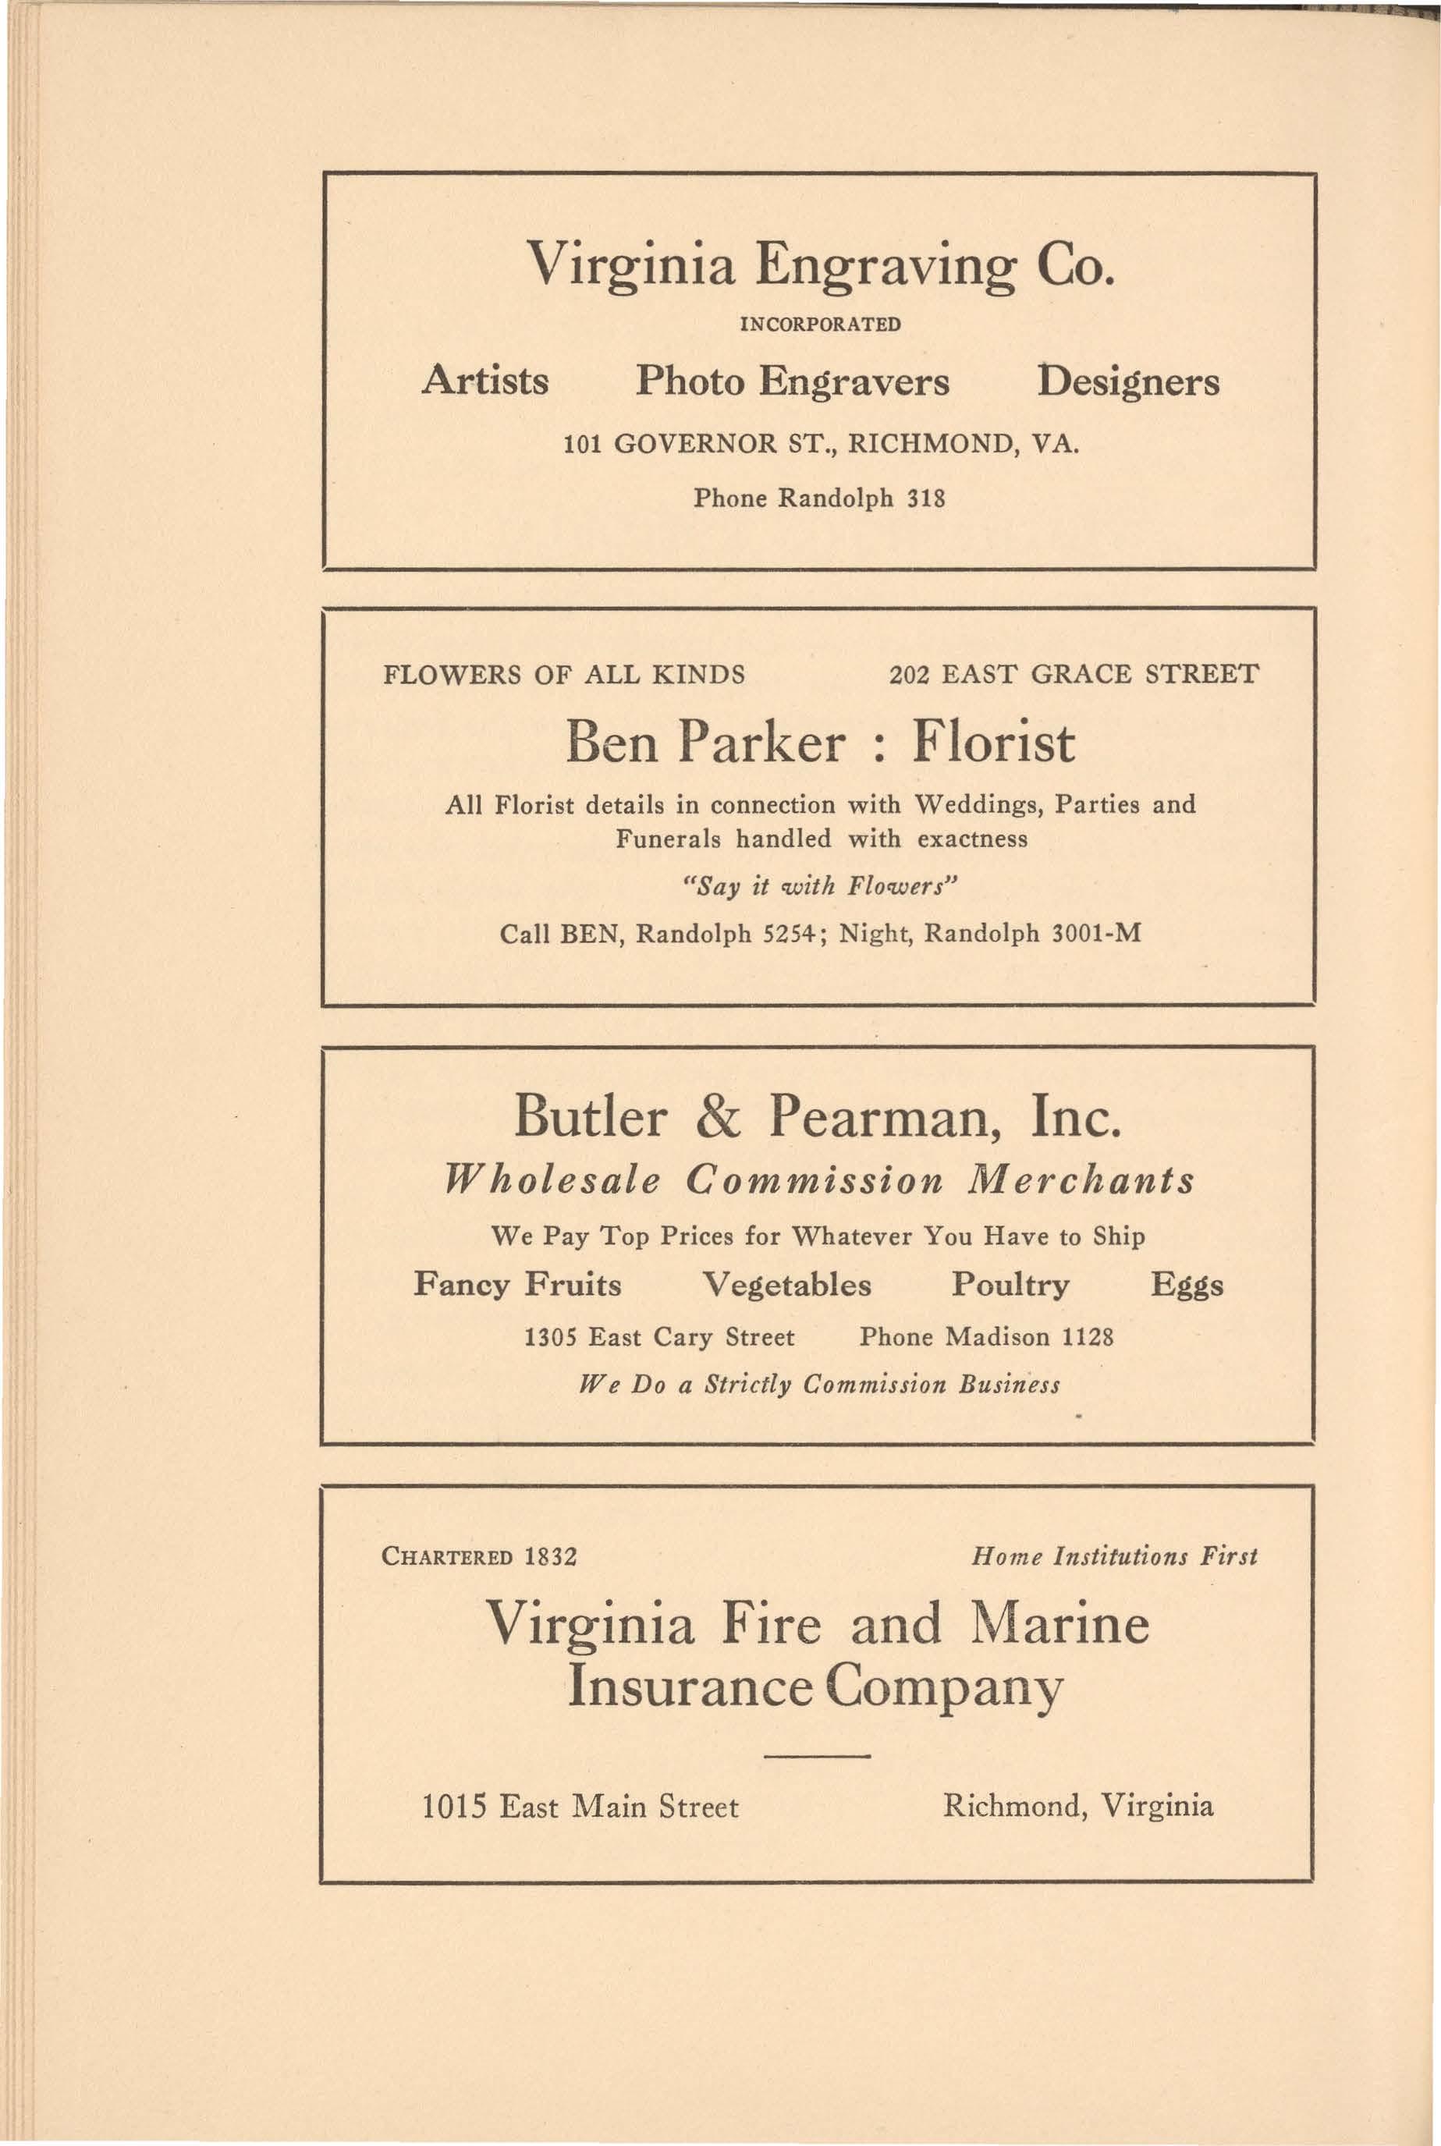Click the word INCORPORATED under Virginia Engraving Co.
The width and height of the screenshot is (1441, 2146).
pos(820,325)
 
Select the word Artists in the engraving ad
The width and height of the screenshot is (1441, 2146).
pos(485,381)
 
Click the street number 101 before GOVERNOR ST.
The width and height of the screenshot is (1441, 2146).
pos(582,445)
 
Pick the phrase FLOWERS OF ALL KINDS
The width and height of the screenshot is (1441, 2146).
pos(563,676)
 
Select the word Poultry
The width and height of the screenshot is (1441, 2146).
pos(1010,1284)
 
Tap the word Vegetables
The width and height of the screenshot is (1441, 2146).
pos(786,1284)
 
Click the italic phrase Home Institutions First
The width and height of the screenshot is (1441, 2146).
pos(1114,1556)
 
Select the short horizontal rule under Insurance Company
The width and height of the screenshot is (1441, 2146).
pos(817,1757)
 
